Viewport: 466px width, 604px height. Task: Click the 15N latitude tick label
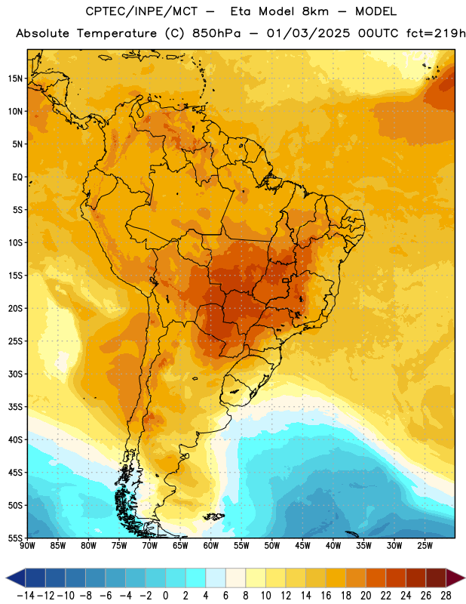pos(15,79)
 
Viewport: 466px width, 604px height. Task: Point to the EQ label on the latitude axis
pos(17,177)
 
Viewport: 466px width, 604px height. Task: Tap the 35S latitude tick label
pos(15,407)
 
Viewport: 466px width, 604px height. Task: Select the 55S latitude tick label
pos(15,538)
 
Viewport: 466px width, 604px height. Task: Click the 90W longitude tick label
pos(27,546)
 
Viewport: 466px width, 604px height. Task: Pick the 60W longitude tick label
pos(211,546)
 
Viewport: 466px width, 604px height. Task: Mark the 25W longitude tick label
pos(425,546)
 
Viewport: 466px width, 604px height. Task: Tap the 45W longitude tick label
pos(302,546)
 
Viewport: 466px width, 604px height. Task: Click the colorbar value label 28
pos(446,596)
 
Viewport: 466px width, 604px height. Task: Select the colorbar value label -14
pos(26,596)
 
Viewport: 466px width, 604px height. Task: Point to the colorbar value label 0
pos(165,596)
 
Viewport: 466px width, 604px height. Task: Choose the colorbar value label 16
pos(326,596)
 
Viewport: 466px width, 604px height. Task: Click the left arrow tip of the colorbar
pos(6,578)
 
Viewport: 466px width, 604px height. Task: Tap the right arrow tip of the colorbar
pos(465,578)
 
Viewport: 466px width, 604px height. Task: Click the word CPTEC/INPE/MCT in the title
pos(142,11)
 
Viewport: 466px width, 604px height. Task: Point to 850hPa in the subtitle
pos(216,33)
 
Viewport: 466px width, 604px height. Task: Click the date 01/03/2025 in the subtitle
pos(308,33)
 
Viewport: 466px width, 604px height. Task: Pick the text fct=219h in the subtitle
pos(436,33)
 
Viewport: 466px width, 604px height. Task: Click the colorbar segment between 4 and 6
pos(216,578)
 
